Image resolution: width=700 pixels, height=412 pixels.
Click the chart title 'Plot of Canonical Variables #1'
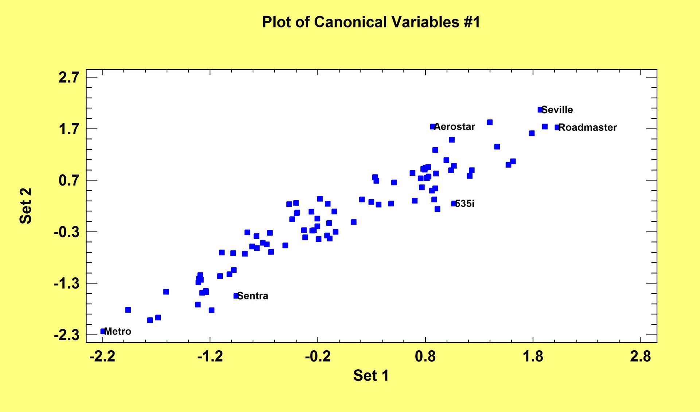[371, 22]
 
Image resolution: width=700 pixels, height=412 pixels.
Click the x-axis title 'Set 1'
[371, 375]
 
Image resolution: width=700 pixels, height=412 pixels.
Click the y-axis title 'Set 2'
[26, 206]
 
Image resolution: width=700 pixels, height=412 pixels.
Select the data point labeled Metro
[103, 331]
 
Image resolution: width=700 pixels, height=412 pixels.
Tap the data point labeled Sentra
[236, 296]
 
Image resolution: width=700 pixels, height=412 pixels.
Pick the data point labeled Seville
[540, 110]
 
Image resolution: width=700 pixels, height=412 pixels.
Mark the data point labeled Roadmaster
[557, 127]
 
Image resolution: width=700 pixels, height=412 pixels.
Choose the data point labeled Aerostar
[433, 127]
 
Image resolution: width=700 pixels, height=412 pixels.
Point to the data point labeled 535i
[454, 203]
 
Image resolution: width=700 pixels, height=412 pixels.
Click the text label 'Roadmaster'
[588, 127]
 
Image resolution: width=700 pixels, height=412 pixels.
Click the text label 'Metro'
[118, 331]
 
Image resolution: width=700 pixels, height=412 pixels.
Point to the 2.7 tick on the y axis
[69, 77]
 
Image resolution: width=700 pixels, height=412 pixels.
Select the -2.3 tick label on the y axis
[67, 335]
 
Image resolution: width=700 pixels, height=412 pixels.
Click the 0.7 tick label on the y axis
[69, 180]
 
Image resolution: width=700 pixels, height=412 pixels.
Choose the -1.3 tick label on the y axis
[67, 283]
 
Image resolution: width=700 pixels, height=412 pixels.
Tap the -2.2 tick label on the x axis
[102, 356]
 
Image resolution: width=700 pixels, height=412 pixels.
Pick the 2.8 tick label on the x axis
[641, 356]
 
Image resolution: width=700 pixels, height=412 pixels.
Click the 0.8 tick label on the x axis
[425, 356]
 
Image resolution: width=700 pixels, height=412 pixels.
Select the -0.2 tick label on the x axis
[318, 356]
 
